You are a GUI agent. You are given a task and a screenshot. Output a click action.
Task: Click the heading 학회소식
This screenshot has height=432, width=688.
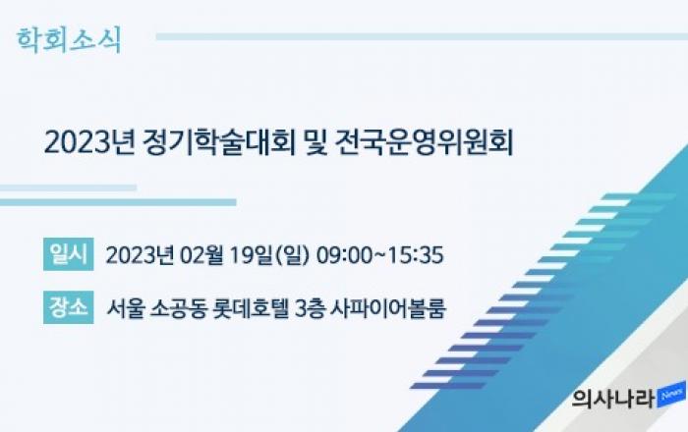tap(69, 40)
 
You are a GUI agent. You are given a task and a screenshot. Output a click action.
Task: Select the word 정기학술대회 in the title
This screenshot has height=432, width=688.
tap(219, 142)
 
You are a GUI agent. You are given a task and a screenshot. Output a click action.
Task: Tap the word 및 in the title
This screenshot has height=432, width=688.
tap(315, 142)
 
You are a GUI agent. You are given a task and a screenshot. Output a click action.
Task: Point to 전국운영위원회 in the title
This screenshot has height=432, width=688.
tap(425, 142)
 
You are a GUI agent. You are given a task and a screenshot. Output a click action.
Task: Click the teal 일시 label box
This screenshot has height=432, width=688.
tap(69, 254)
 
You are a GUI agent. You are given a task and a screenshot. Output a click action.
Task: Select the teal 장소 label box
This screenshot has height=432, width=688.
tap(69, 307)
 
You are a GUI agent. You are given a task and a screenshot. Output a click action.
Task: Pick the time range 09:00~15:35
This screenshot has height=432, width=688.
tap(380, 255)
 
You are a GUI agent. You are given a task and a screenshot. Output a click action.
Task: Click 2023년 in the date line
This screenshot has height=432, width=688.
tap(140, 255)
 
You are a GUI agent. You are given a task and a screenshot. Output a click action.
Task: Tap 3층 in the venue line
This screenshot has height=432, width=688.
tap(310, 308)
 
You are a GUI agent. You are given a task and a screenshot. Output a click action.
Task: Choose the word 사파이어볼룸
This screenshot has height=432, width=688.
tap(388, 308)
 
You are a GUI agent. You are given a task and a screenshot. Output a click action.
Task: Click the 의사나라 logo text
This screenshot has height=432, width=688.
tap(613, 399)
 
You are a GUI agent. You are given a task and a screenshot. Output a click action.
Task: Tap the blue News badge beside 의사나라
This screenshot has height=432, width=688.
tap(671, 395)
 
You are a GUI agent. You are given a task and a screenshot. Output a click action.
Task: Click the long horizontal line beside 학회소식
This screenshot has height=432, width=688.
tap(422, 36)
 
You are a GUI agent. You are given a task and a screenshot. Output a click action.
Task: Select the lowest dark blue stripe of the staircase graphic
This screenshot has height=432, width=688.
tap(448, 386)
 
